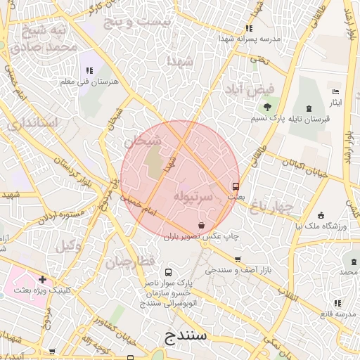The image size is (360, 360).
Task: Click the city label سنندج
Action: click(x=186, y=335)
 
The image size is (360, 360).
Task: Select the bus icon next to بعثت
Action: click(x=235, y=187)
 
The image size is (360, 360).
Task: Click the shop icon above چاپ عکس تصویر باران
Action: click(x=202, y=226)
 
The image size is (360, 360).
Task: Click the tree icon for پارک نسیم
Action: click(x=267, y=107)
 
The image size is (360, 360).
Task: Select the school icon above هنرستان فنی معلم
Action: click(x=89, y=70)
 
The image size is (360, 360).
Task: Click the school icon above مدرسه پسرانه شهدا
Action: click(x=248, y=28)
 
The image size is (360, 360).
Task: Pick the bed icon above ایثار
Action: click(x=336, y=92)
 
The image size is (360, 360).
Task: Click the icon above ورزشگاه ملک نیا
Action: click(x=321, y=215)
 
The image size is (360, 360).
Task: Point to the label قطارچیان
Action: click(x=130, y=262)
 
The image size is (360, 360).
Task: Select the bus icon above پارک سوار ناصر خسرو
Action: click(x=167, y=272)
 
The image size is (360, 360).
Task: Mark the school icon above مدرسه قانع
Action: click(x=337, y=302)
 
